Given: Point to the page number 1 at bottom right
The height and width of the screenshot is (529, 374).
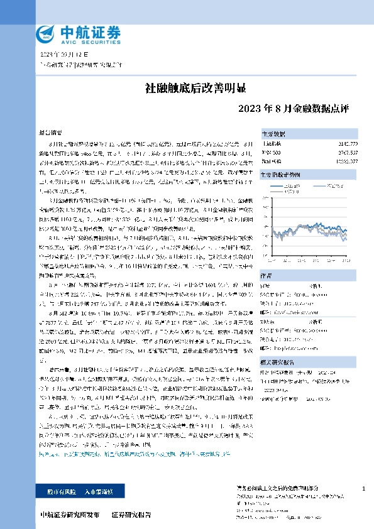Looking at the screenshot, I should tap(364, 488).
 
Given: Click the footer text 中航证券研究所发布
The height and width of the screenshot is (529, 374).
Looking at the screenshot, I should tap(69, 515).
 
